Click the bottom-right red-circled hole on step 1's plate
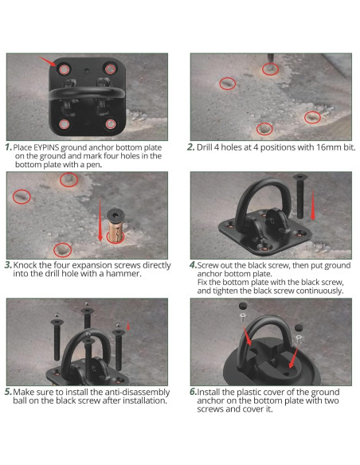(x=110, y=123)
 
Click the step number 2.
(x=192, y=148)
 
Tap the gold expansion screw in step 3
(x=114, y=232)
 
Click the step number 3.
(x=9, y=264)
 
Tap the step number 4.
(x=194, y=264)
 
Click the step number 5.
(x=9, y=392)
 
